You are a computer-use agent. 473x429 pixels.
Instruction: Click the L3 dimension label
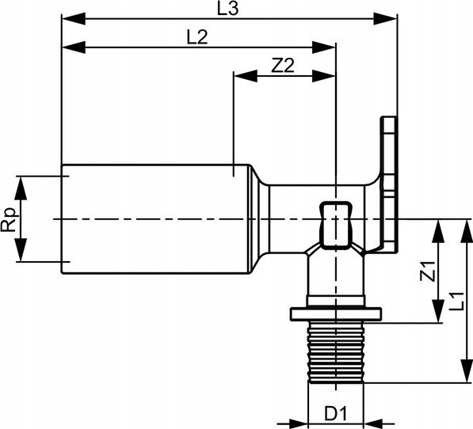[x=227, y=9]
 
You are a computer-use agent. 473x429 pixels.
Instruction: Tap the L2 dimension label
[x=197, y=38]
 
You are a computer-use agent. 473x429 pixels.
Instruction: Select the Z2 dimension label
[x=282, y=66]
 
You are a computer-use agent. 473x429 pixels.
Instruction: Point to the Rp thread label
[x=9, y=219]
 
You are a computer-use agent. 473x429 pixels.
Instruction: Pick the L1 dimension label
[x=456, y=301]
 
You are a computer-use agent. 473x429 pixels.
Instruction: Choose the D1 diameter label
[x=336, y=414]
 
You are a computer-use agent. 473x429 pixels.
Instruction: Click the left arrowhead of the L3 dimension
[x=74, y=19]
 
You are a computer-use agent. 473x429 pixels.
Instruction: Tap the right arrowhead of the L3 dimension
[x=385, y=19]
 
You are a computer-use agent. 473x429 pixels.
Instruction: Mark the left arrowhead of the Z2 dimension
[x=246, y=76]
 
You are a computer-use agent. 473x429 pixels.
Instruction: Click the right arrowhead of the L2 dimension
[x=323, y=47]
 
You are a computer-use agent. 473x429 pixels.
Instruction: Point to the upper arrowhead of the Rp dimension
[x=21, y=188]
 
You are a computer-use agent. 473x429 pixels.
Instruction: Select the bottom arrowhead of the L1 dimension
[x=466, y=371]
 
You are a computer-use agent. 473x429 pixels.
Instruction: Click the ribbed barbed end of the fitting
[x=336, y=352]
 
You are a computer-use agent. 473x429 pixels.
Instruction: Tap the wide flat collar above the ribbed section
[x=336, y=314]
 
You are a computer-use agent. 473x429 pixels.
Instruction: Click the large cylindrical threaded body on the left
[x=156, y=219]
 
